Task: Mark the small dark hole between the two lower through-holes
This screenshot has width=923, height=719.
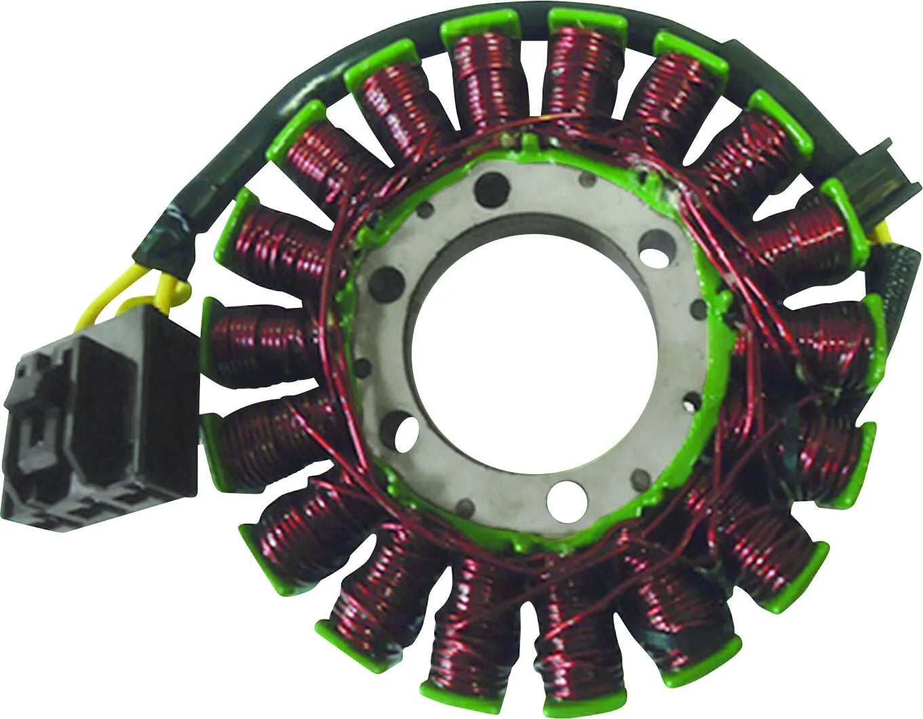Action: (467, 505)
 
